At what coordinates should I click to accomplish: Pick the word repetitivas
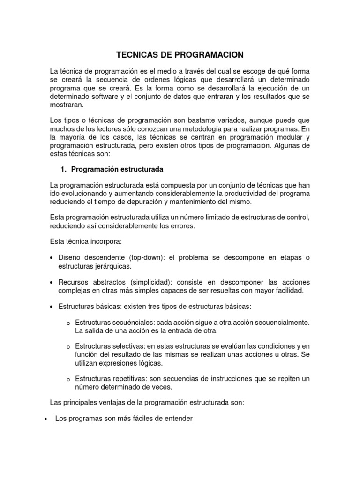(132, 379)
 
